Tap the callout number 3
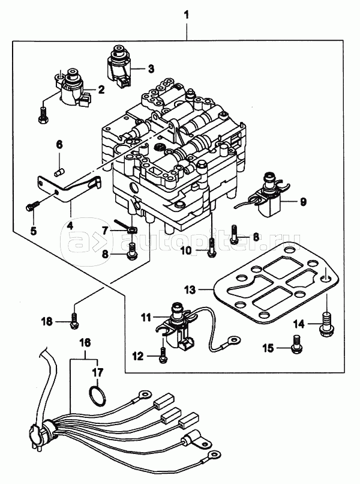(151, 68)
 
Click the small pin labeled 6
(60, 172)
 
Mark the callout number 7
(105, 230)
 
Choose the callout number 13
(190, 289)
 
